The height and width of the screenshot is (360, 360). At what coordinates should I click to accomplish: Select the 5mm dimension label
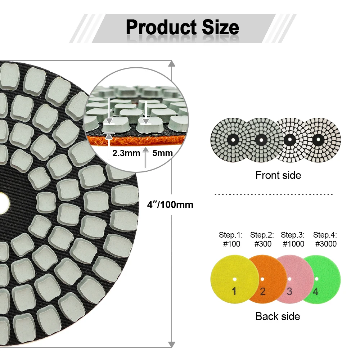pyautogui.click(x=162, y=153)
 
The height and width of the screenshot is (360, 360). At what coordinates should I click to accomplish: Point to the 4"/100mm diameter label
pyautogui.click(x=170, y=205)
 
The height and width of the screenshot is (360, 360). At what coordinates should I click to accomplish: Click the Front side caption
pyautogui.click(x=278, y=175)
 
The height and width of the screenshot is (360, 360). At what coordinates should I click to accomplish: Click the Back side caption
pyautogui.click(x=278, y=316)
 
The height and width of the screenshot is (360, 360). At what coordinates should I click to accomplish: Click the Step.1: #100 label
pyautogui.click(x=231, y=239)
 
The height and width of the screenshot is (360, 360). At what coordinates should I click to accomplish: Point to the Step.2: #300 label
pyautogui.click(x=262, y=239)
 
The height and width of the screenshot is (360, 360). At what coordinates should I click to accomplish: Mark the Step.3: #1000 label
pyautogui.click(x=293, y=239)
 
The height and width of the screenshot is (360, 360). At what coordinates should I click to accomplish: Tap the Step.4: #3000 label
pyautogui.click(x=325, y=239)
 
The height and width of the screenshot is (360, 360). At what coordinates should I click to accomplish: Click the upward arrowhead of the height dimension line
pyautogui.click(x=172, y=64)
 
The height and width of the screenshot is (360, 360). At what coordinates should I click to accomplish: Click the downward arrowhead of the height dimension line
pyautogui.click(x=172, y=344)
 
